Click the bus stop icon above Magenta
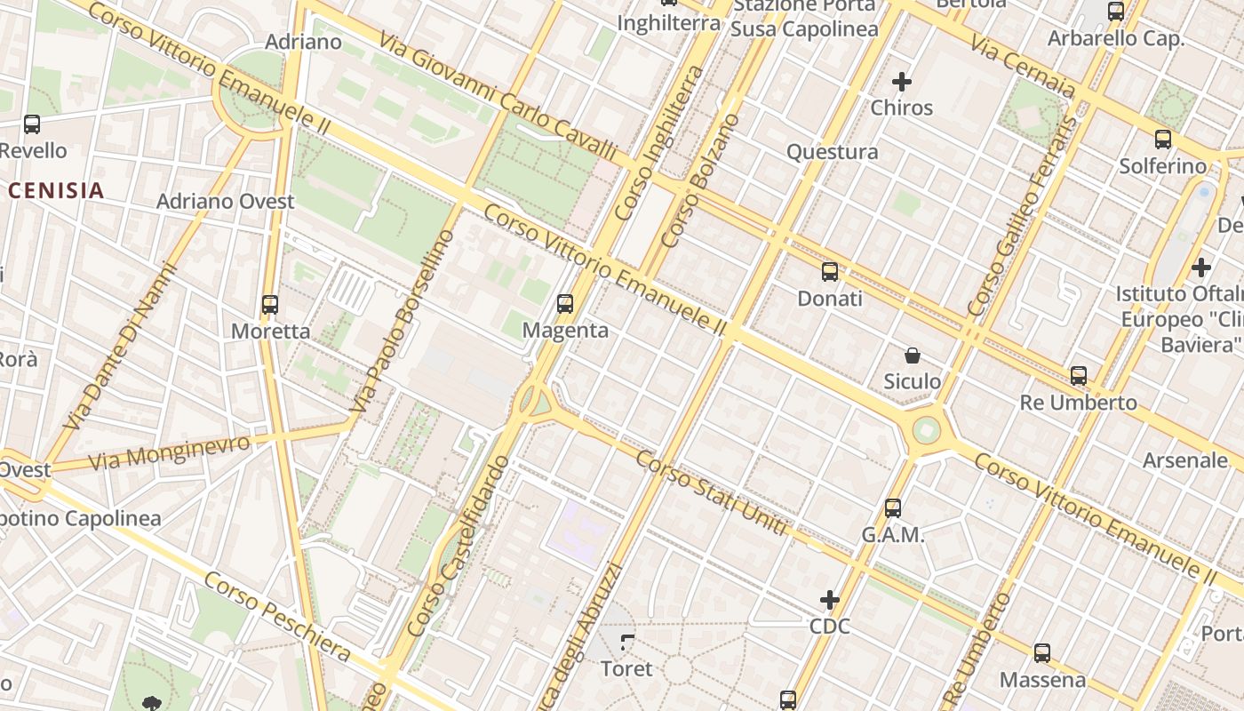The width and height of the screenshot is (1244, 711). click(x=565, y=304)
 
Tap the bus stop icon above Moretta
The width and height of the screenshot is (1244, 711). click(x=270, y=305)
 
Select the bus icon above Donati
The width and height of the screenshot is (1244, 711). click(x=829, y=272)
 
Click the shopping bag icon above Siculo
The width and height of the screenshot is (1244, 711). click(x=912, y=355)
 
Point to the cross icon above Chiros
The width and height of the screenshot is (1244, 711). click(x=902, y=83)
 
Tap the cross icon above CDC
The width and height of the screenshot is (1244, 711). click(x=830, y=600)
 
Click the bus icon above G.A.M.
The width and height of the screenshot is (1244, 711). click(x=893, y=508)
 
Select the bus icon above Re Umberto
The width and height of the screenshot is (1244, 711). click(x=1079, y=376)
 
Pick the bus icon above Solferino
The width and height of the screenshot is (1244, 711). click(x=1163, y=140)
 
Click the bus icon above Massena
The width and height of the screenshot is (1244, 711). click(x=1042, y=653)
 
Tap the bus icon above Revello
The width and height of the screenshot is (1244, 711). click(x=32, y=124)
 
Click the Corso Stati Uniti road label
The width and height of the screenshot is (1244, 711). click(x=712, y=493)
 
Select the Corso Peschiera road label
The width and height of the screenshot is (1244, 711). click(x=277, y=617)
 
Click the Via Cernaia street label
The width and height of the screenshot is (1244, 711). click(x=1023, y=67)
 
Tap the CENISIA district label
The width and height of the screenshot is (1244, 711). click(x=57, y=190)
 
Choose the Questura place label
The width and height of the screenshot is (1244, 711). click(x=833, y=152)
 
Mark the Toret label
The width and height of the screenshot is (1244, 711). click(x=626, y=668)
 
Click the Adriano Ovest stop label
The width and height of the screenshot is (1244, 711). click(x=226, y=202)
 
